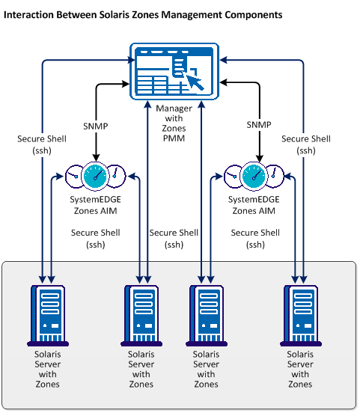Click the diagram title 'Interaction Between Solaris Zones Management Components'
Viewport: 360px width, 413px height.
point(144,14)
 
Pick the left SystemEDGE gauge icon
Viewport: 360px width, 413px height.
point(94,177)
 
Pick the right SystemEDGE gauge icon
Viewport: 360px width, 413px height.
point(256,177)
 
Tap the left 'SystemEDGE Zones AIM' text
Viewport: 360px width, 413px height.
point(94,206)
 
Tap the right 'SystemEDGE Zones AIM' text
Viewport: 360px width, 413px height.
point(255,206)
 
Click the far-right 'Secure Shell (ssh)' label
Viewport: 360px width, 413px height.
point(306,144)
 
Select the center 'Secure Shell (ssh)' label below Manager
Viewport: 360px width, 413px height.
point(174,238)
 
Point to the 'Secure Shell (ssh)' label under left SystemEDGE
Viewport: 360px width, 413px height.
point(95,238)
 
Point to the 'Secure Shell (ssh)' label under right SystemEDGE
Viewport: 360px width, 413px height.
point(255,238)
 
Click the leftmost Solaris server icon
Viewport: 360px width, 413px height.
point(47,311)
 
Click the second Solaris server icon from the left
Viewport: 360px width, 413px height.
point(141,311)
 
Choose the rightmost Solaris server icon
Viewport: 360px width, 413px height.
point(300,311)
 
